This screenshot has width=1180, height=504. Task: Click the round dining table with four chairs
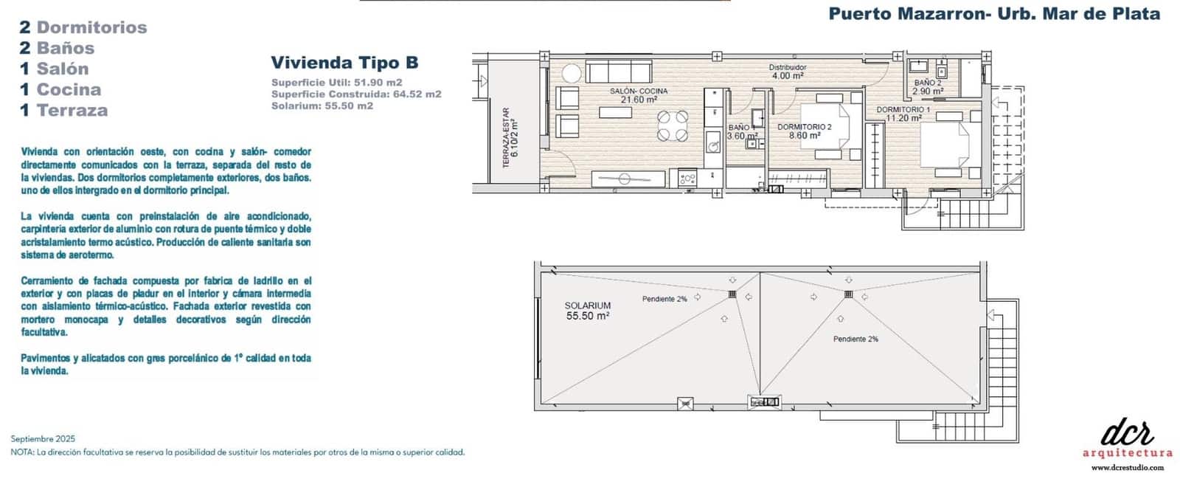click(x=673, y=125)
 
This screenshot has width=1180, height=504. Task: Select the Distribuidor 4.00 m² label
click(x=788, y=72)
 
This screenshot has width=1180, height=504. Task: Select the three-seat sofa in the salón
click(x=618, y=72)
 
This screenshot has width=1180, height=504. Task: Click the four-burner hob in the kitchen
click(x=687, y=179)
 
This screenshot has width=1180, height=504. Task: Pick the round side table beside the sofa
click(x=572, y=73)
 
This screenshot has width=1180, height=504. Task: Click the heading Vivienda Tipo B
click(x=344, y=62)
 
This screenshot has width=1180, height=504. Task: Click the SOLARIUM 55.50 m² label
click(x=587, y=311)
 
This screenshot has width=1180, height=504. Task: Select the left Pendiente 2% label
click(x=664, y=299)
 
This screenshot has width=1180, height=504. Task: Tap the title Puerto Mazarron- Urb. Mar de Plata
click(x=994, y=13)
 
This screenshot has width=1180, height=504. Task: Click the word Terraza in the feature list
click(x=72, y=110)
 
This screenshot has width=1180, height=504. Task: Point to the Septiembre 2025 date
click(x=43, y=438)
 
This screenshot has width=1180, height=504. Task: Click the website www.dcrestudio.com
click(x=1127, y=467)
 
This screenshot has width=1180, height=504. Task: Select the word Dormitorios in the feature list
click(x=91, y=27)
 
